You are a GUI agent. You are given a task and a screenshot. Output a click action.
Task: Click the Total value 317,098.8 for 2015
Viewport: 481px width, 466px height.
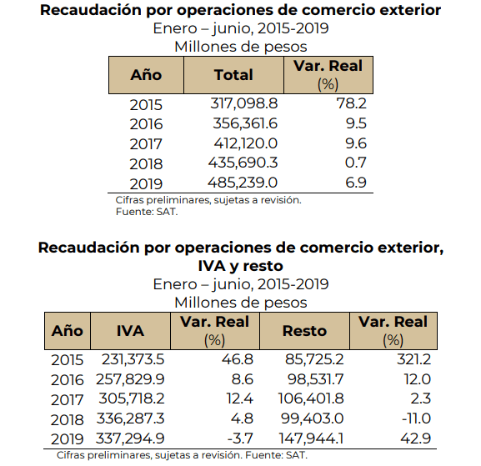244,103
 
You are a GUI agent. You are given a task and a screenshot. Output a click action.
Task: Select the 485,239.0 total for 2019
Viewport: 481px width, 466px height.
243,183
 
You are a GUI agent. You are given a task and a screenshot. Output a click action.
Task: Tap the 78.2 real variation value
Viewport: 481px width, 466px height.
352,103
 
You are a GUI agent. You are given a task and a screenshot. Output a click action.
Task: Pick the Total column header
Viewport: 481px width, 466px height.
233,75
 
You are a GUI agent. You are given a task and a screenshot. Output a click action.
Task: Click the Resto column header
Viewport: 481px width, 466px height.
304,331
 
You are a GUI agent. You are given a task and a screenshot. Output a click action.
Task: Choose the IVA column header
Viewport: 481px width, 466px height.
130,331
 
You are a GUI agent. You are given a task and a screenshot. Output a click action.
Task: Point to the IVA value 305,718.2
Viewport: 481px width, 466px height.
132,398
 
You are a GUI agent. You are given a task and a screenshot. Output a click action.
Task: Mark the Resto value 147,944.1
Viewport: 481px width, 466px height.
311,438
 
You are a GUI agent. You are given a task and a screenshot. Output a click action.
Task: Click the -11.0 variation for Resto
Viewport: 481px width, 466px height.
416,418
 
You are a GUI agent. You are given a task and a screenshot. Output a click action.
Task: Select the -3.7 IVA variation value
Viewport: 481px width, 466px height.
240,438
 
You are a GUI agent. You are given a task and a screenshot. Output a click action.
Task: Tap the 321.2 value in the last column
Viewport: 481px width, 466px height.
414,359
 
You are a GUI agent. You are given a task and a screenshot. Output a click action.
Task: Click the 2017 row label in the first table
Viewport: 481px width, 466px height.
146,144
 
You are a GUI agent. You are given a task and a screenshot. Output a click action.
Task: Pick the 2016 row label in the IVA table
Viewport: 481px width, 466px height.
68,380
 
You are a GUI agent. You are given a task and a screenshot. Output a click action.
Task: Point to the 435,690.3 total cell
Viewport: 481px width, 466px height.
243,163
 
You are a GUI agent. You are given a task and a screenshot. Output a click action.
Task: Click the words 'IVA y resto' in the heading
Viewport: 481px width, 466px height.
240,266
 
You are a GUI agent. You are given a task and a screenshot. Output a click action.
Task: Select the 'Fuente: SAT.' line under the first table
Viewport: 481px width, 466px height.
147,212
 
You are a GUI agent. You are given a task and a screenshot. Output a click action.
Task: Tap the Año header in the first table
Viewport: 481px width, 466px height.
146,75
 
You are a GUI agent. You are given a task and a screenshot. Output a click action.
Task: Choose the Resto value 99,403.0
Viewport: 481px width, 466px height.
313,418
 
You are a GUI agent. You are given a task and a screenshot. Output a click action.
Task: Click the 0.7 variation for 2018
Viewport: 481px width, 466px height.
356,163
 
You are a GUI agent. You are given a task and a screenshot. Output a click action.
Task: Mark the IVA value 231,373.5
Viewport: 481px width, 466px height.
133,359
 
